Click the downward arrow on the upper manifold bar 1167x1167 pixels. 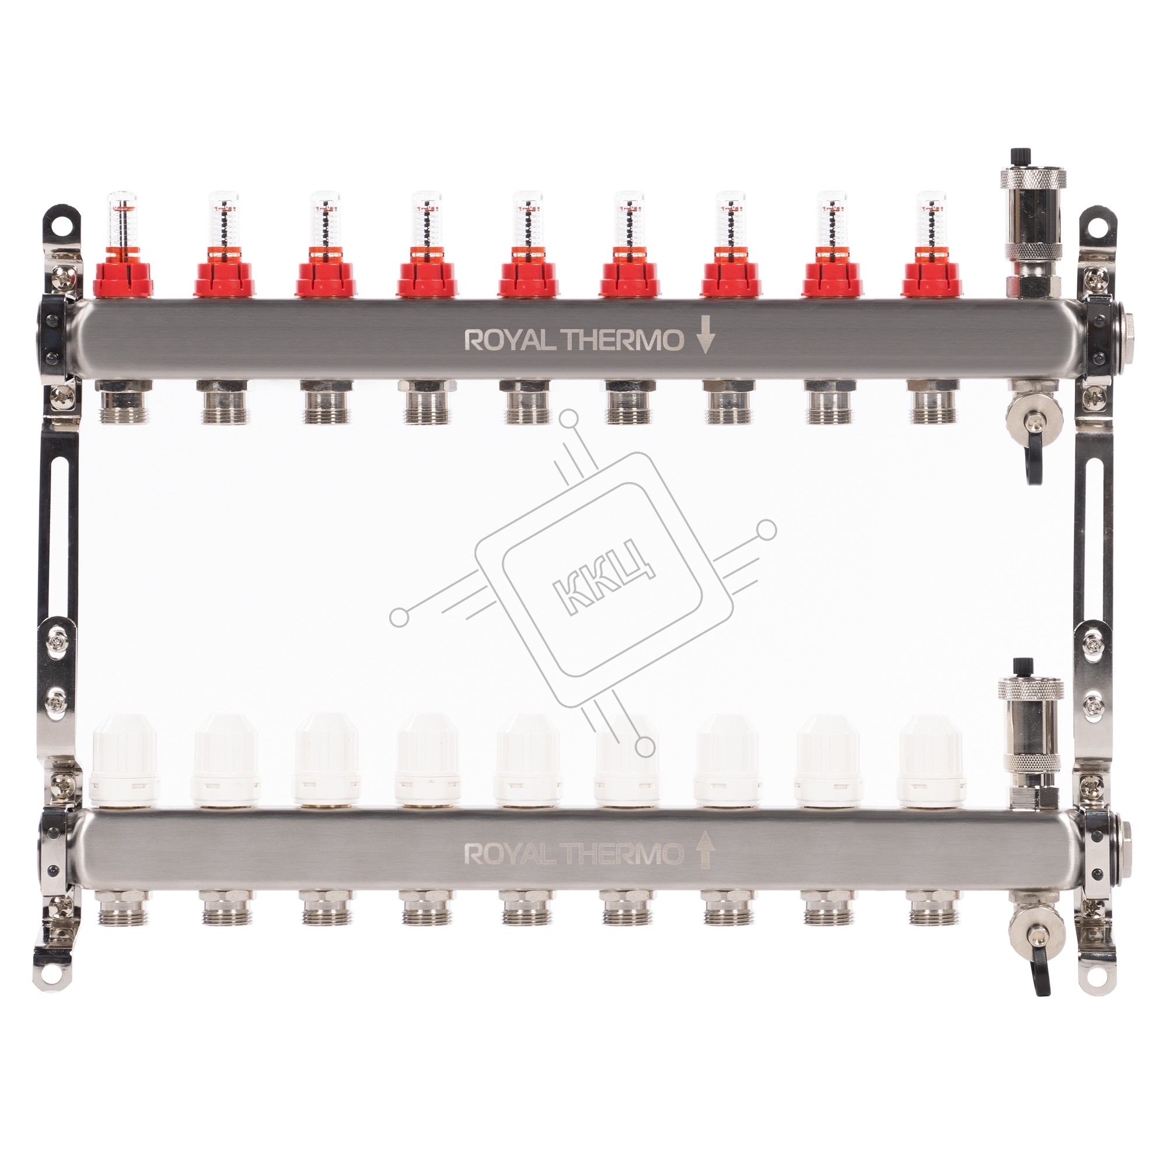[706, 340]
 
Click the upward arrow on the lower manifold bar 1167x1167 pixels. [706, 854]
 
